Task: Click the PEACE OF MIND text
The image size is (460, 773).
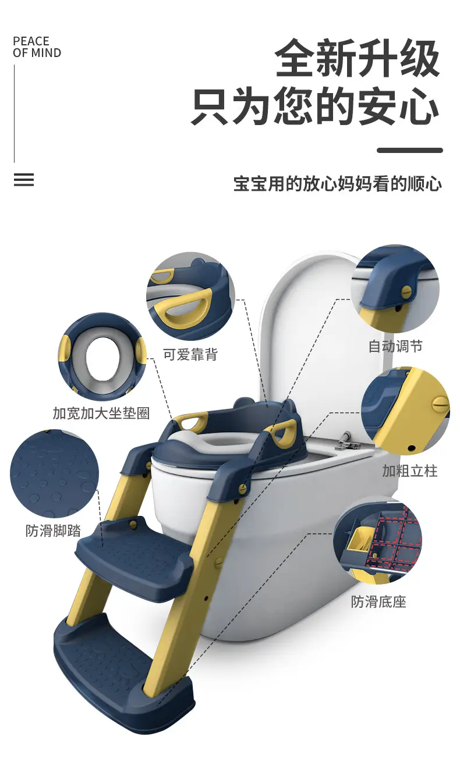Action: point(37,47)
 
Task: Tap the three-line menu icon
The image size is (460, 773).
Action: point(24,180)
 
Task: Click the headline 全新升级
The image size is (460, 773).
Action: point(358,58)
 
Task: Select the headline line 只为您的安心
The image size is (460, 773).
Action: point(315,105)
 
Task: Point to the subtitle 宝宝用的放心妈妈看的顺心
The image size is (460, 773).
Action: point(338,183)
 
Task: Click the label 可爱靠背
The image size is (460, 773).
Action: point(190,354)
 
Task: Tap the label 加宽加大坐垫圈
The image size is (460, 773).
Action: point(101,413)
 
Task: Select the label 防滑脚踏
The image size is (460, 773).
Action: point(53,530)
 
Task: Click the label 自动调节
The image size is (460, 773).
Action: point(395,346)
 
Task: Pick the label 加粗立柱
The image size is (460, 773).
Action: point(410,471)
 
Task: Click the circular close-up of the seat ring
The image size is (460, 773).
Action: point(102,357)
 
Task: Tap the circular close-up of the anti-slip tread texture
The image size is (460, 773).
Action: point(55,473)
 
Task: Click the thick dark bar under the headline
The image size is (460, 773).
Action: point(410,150)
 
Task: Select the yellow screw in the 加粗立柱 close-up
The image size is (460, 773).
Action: point(440,402)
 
